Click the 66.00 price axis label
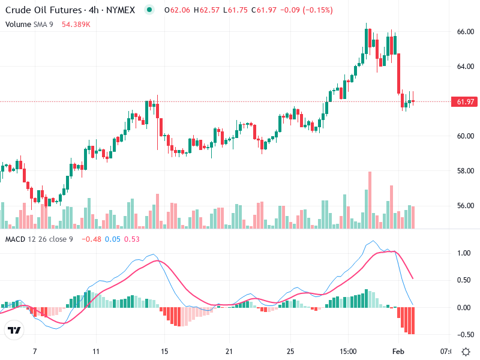(466, 31)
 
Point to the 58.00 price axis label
(466, 170)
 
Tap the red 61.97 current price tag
(466, 102)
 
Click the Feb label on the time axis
(398, 350)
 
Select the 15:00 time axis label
(348, 350)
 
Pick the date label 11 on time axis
(96, 350)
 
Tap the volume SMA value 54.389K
(76, 24)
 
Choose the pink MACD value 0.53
(132, 239)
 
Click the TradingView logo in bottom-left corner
(14, 330)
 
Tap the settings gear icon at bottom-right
(466, 350)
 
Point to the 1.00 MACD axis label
(464, 253)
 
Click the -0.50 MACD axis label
(463, 335)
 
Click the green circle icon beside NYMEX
(150, 10)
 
